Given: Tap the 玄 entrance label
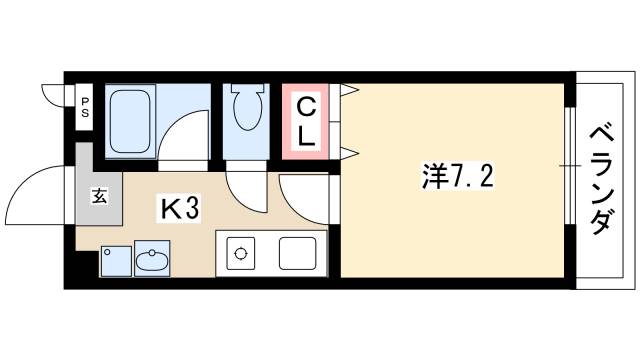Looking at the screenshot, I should [x=100, y=195].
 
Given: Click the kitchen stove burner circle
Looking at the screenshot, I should [x=240, y=253].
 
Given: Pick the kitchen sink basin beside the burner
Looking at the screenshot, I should [x=298, y=254].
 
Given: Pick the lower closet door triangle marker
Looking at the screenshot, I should [x=349, y=152].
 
